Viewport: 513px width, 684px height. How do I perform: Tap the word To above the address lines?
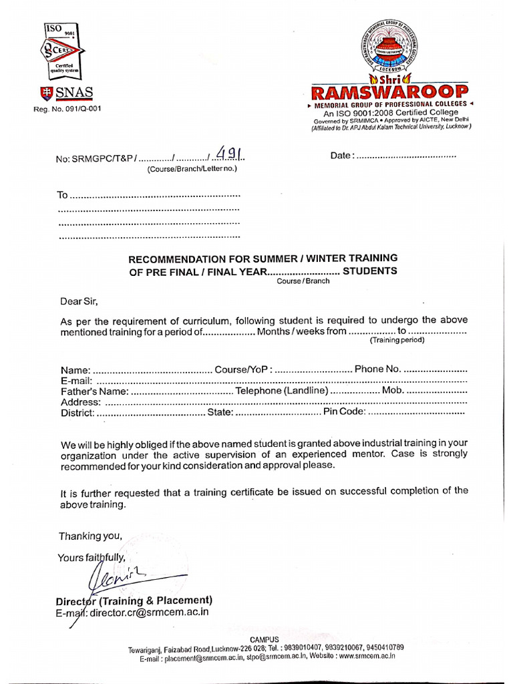click(63, 196)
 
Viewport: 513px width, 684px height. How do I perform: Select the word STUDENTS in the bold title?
click(369, 271)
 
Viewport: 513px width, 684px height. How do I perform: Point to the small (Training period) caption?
click(397, 340)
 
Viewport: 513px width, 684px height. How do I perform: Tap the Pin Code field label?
click(344, 413)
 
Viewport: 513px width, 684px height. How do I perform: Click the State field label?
click(219, 413)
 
